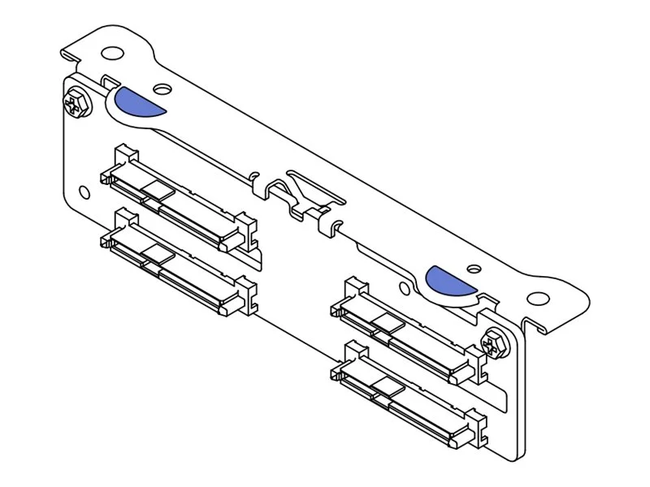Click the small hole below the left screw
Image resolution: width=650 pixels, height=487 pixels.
pyautogui.click(x=84, y=192)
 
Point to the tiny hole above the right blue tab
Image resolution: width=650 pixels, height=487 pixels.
pyautogui.click(x=472, y=265)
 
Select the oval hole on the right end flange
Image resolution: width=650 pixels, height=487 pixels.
pyautogui.click(x=537, y=299)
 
